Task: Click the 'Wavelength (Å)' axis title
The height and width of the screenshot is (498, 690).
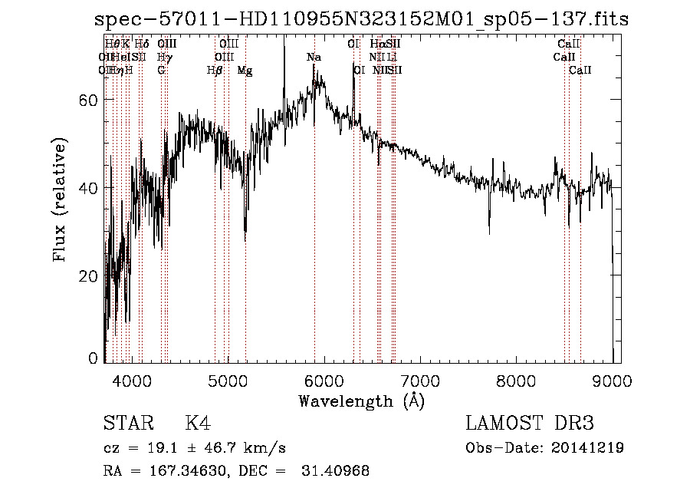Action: [360, 401]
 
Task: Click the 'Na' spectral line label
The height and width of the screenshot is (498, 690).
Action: [314, 58]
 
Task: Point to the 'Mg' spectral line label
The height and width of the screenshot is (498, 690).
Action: [245, 71]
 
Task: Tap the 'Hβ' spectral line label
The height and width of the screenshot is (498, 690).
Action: [215, 71]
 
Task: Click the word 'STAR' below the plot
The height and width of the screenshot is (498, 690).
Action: [127, 424]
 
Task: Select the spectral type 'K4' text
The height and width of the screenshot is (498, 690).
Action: [198, 424]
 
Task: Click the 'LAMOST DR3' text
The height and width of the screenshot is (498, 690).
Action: [530, 424]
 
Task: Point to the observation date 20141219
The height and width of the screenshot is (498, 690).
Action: [588, 448]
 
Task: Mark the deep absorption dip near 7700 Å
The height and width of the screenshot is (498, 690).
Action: [489, 229]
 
